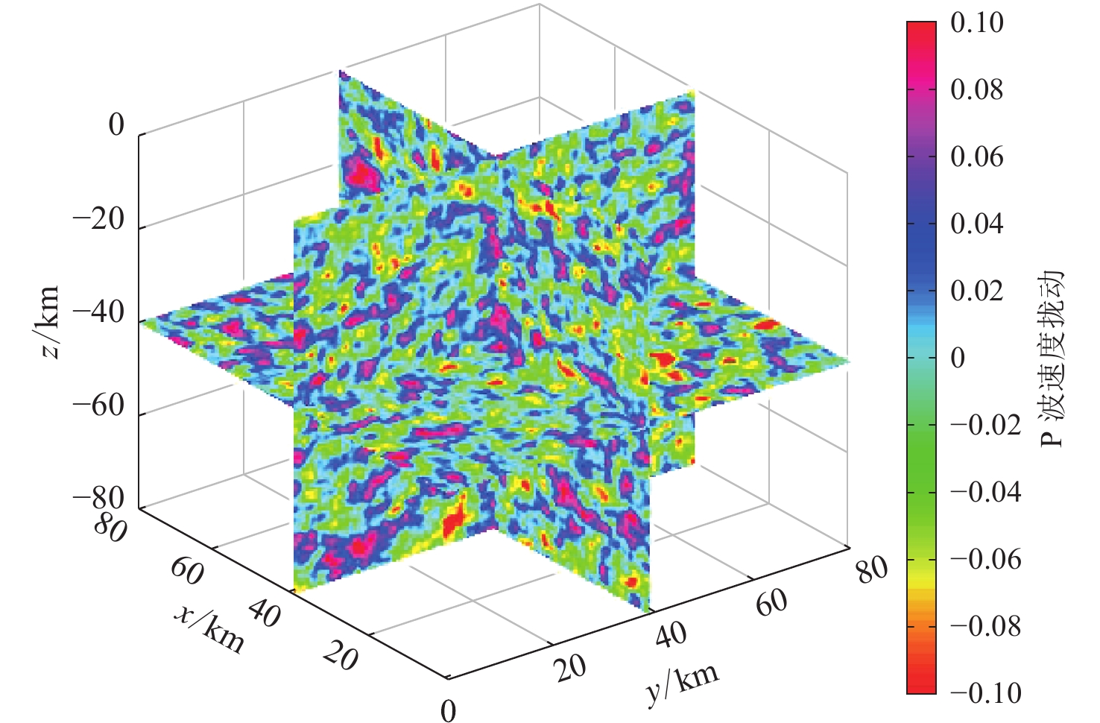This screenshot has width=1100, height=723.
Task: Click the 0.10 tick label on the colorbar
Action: [x=976, y=23]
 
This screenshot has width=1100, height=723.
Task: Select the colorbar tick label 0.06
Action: [x=976, y=157]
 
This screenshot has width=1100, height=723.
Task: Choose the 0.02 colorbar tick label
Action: [x=976, y=291]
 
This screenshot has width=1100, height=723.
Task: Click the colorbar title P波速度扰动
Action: [x=1052, y=358]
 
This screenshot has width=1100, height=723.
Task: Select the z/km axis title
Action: [x=49, y=321]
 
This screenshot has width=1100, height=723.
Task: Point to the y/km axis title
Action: [x=682, y=683]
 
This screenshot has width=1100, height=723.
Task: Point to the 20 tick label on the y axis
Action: [x=571, y=668]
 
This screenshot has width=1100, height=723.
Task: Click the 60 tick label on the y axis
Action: [x=771, y=602]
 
